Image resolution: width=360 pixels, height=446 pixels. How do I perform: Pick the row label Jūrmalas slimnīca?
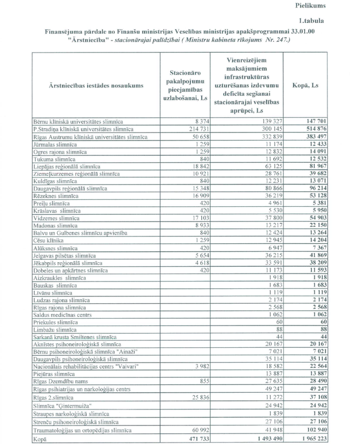click(55, 145)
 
